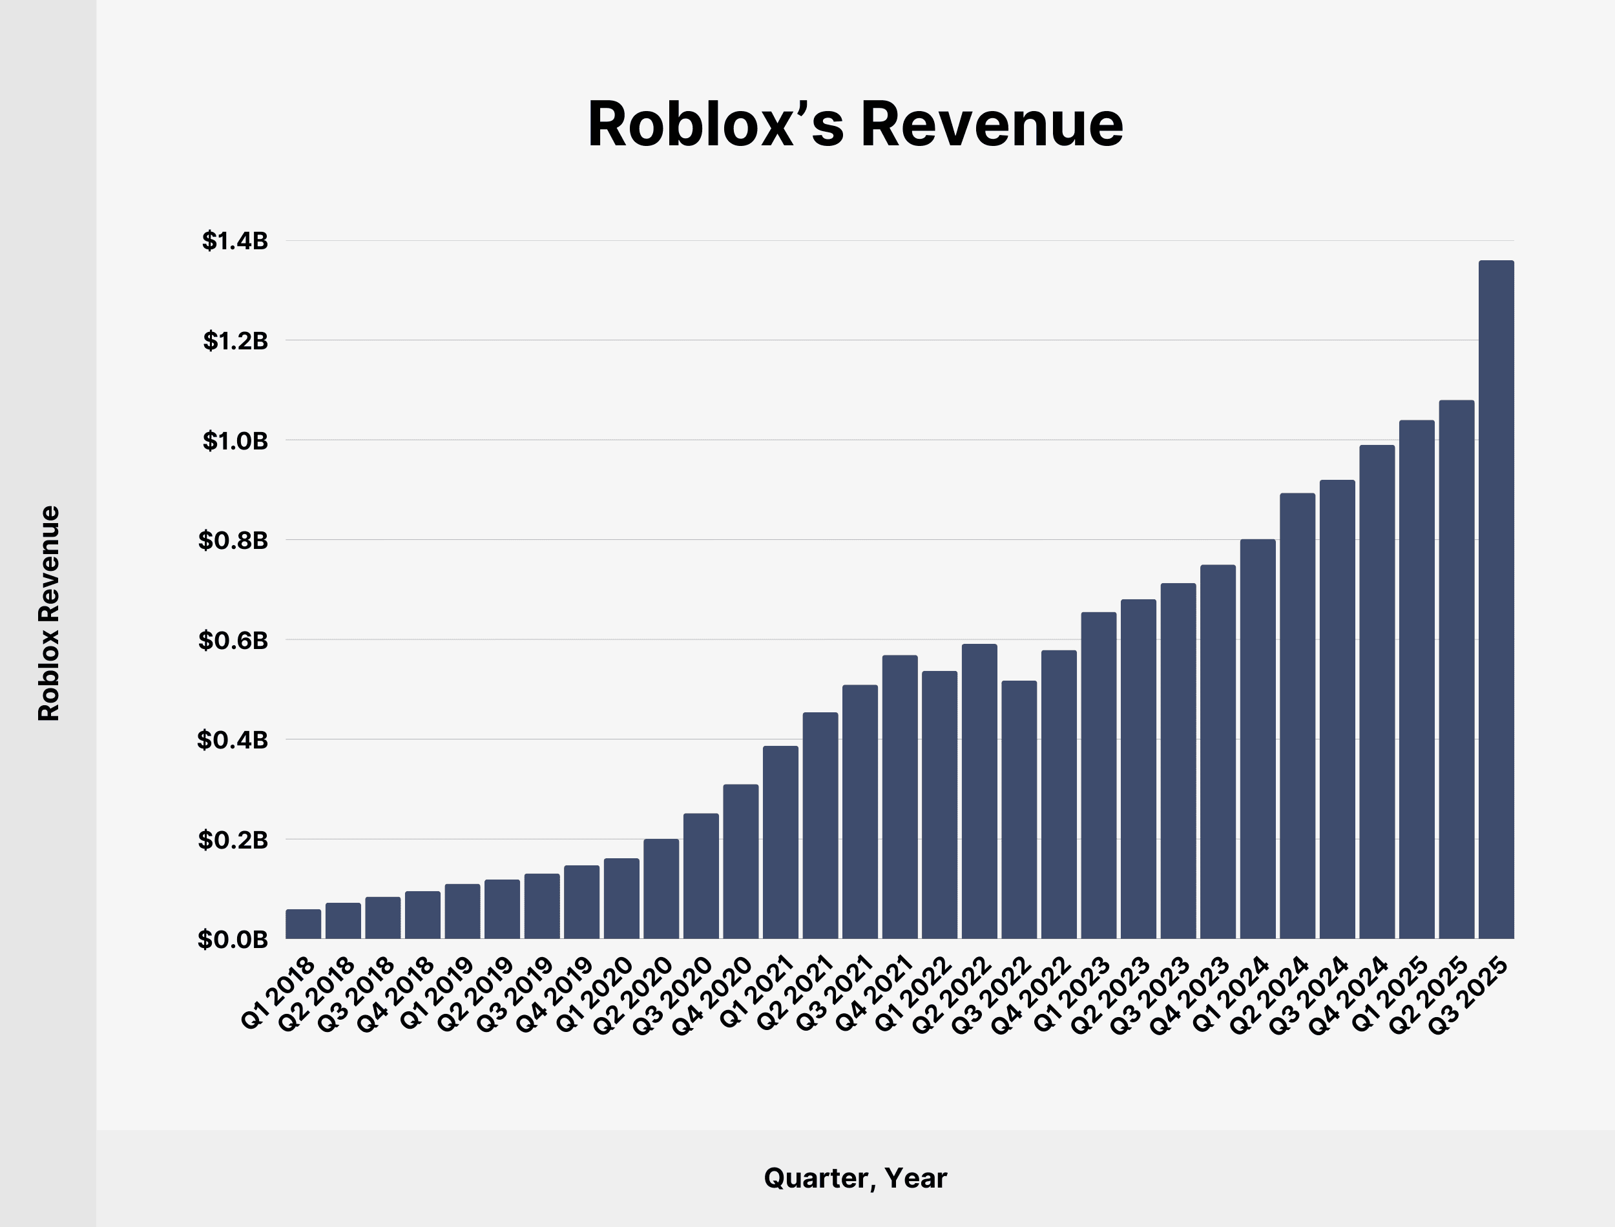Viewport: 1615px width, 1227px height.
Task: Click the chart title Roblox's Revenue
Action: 855,124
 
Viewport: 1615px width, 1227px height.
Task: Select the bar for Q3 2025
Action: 1496,599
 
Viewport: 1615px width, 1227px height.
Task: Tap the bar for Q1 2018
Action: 303,924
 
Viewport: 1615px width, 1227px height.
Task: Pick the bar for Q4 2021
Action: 900,797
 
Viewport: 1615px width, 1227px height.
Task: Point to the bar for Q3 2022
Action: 1019,809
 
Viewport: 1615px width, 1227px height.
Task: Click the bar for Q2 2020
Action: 661,889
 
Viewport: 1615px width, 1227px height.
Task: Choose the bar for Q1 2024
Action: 1258,739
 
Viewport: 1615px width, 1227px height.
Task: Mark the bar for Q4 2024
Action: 1377,692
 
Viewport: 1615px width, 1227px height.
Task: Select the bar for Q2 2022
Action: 979,791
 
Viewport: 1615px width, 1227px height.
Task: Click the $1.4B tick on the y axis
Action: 235,241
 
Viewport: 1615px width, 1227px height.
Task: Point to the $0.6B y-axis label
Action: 233,641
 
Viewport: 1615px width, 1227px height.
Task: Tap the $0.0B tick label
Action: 233,940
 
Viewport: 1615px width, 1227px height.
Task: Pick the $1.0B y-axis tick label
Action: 235,441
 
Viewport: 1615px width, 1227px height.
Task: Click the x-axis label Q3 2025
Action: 1468,995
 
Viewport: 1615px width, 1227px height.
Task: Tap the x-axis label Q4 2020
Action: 712,995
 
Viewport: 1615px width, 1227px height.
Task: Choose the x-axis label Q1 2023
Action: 1072,995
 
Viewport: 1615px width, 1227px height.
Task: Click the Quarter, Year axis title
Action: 855,1178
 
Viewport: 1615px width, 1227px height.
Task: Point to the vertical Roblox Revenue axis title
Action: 49,613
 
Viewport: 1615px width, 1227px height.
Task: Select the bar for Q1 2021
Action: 781,842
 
